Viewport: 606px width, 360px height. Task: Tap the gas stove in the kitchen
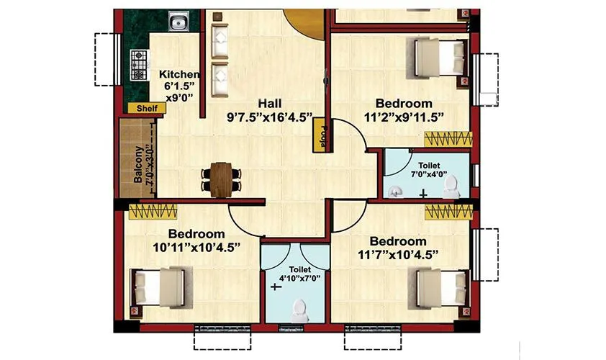[x=136, y=64]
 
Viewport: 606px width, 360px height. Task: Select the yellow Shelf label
[x=147, y=108]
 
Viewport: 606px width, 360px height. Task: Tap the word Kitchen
[x=179, y=74]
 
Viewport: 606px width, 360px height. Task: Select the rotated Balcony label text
[x=139, y=166]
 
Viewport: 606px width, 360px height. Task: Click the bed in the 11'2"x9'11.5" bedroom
[x=440, y=53]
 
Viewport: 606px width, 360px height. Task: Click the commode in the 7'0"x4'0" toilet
[x=451, y=186]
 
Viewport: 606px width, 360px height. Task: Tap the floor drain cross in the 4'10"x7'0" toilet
[x=275, y=287]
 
